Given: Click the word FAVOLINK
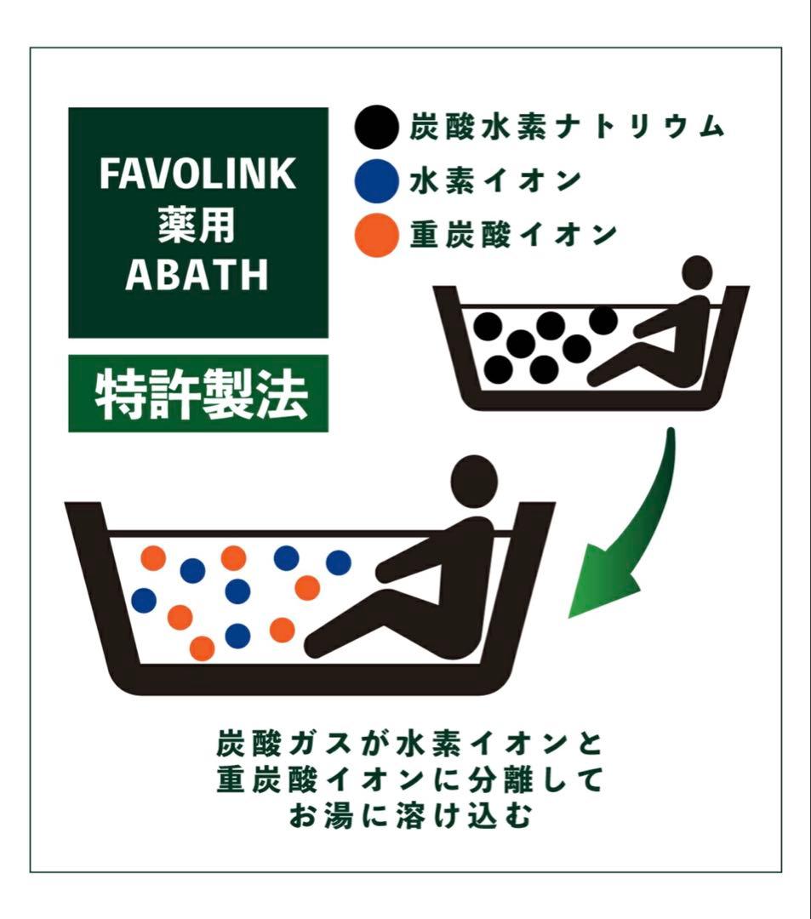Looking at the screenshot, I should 197,174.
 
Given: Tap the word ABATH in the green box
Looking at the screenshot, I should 197,274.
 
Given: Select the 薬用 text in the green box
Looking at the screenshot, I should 197,225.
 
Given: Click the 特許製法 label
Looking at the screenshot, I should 197,393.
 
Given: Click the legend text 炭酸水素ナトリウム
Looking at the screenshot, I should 566,128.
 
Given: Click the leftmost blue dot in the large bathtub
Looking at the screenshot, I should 144,601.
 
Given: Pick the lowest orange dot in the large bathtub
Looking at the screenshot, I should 202,648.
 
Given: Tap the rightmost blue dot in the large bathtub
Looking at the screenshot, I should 338,562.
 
